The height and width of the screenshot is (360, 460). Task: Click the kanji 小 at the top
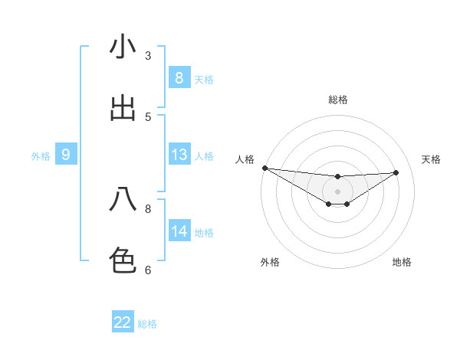coord(123,47)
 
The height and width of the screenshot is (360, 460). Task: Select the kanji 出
coord(123,109)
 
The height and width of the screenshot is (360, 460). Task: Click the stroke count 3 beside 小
coord(148,56)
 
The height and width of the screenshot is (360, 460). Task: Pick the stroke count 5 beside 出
coord(148,117)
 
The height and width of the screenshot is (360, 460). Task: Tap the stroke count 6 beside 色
coord(148,270)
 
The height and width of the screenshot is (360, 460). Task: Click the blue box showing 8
coord(179,77)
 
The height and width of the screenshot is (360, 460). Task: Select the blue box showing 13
coord(179,155)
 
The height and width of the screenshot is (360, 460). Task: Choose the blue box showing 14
coord(179,231)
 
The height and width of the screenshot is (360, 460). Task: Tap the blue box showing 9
coord(66,155)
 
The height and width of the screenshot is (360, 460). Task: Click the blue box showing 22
coord(123,322)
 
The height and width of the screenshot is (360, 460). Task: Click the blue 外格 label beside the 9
coord(41,156)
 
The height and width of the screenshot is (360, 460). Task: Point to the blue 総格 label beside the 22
coord(147,324)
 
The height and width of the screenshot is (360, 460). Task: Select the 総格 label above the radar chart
coord(338,100)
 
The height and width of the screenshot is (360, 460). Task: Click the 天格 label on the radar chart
coord(431,159)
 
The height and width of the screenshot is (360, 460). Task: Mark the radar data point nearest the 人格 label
coord(264,168)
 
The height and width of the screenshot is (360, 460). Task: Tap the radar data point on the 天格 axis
coord(396,172)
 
